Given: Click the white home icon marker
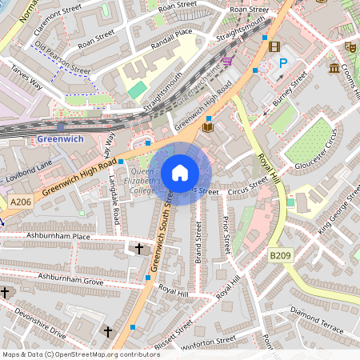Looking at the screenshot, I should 180,173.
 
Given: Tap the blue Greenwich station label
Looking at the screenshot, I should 60,139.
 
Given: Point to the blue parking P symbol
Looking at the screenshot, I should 282,62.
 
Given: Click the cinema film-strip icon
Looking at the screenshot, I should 274,46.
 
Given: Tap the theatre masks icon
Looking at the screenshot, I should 350,47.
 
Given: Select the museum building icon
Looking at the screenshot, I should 334,69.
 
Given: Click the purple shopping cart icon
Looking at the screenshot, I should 227,61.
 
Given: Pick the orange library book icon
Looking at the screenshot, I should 208,126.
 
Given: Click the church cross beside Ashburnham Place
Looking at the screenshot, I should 139,249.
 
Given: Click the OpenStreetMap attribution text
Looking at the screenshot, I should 81,354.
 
